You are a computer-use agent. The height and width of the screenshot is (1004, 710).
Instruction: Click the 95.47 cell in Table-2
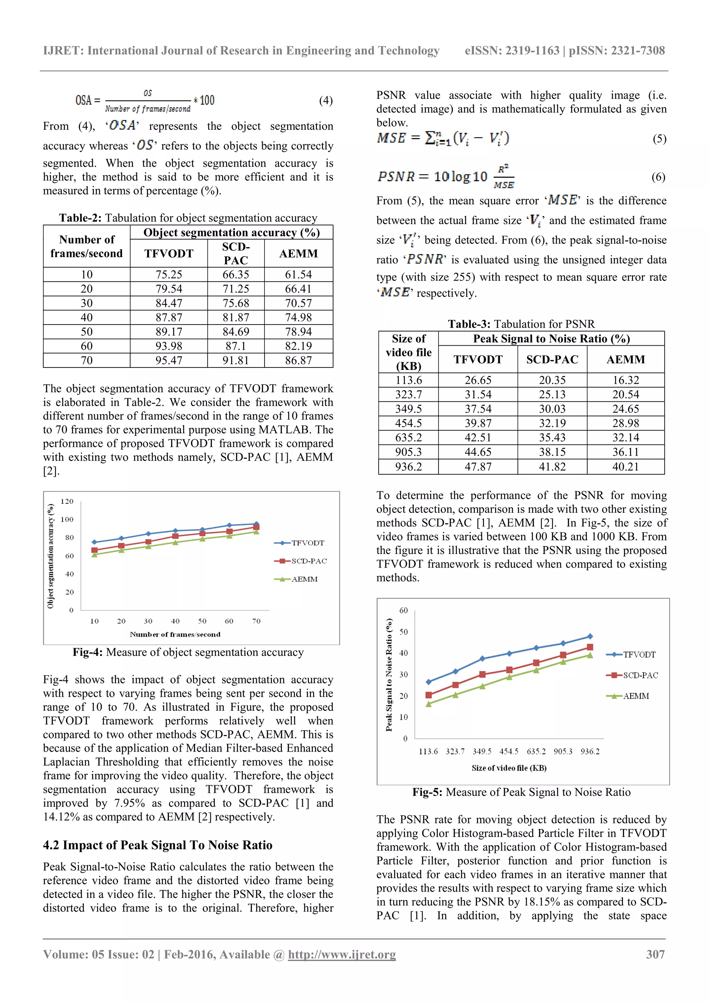[x=169, y=360]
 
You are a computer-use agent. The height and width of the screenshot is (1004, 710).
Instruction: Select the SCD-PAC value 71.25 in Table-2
[x=236, y=288]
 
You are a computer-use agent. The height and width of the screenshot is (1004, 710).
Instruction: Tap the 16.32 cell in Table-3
[x=626, y=380]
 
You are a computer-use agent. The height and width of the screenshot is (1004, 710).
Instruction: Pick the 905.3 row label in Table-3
[x=408, y=452]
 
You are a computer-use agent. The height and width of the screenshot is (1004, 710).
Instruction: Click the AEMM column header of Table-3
[x=626, y=360]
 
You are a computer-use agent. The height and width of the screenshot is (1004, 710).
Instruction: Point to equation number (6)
[x=658, y=177]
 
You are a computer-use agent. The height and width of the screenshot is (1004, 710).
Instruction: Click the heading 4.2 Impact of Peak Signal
[x=157, y=845]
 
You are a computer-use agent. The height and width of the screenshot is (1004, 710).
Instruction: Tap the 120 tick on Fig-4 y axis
[x=67, y=501]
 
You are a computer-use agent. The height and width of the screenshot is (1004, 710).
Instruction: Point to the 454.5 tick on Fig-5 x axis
[x=509, y=751]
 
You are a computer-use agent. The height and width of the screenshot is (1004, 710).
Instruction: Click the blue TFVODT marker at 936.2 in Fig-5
[x=590, y=636]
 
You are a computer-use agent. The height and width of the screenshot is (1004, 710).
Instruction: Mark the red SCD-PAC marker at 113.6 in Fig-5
[x=428, y=695]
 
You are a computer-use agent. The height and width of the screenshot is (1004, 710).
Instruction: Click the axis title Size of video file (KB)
[x=509, y=768]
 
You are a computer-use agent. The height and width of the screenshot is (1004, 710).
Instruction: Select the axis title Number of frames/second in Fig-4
[x=175, y=634]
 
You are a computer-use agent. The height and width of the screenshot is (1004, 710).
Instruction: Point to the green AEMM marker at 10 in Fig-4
[x=94, y=554]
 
